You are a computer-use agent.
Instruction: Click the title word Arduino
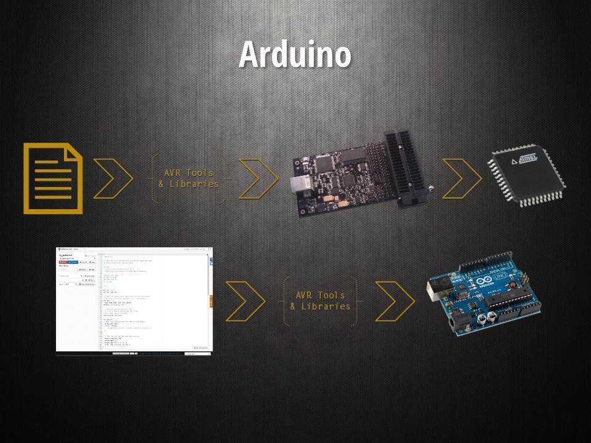pos(295,54)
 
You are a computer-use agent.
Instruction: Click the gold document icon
pos(54,178)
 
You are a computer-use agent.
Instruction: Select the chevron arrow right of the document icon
pos(113,178)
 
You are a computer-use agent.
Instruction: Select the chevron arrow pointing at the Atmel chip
pos(462,178)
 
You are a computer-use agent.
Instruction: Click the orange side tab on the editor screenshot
pos(211,300)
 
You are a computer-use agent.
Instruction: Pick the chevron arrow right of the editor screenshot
pos(246,301)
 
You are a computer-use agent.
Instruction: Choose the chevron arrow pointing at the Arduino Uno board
pos(395,301)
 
